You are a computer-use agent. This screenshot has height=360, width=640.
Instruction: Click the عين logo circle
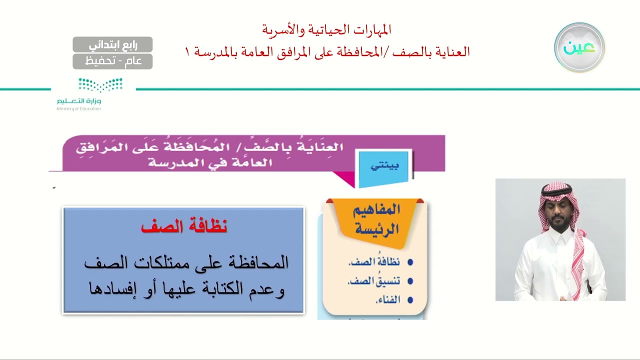(x=579, y=47)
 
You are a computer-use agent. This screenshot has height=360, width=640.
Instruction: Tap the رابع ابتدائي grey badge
(x=112, y=45)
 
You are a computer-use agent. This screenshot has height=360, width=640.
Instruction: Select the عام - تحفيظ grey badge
(x=112, y=61)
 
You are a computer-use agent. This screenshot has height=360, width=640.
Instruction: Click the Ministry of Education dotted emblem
(x=100, y=85)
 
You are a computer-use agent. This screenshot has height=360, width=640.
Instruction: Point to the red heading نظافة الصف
(x=184, y=226)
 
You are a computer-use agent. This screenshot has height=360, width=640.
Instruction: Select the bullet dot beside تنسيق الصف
(x=410, y=281)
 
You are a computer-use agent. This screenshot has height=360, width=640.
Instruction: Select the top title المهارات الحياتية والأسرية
(x=326, y=30)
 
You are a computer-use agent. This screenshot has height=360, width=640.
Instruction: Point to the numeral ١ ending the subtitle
(x=188, y=51)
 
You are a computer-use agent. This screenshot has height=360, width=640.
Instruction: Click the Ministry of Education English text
(x=78, y=108)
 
